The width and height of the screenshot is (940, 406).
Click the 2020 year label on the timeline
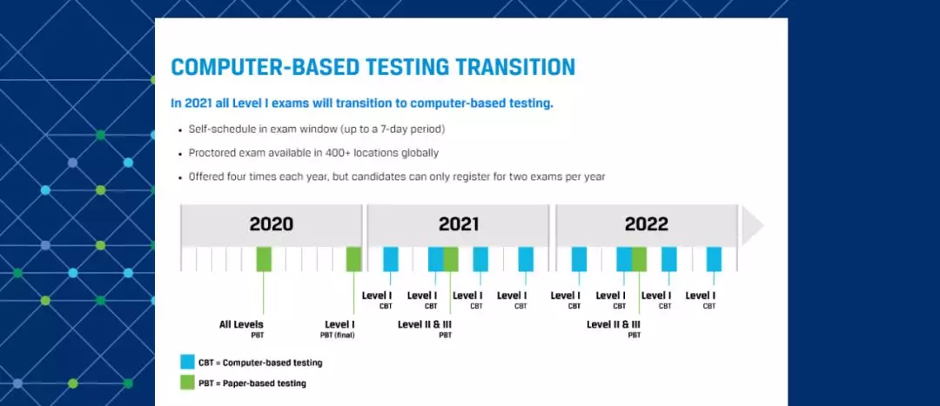point(272,224)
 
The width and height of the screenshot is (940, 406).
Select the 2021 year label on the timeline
point(459,224)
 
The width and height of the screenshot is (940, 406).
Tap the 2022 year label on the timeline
point(647,224)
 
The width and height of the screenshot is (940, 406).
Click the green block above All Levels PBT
point(264,259)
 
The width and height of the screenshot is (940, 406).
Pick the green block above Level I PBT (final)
point(353,259)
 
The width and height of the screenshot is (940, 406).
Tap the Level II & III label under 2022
point(614,325)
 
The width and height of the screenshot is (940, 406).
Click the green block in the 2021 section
point(451,259)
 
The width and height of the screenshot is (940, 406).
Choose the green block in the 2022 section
point(639,259)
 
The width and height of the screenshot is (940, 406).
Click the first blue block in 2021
point(391,259)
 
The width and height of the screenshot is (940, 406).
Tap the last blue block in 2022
point(714,259)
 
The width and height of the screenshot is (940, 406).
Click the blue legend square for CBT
point(187,362)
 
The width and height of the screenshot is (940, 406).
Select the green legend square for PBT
point(187,383)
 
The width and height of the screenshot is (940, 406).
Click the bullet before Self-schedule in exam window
point(178,130)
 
